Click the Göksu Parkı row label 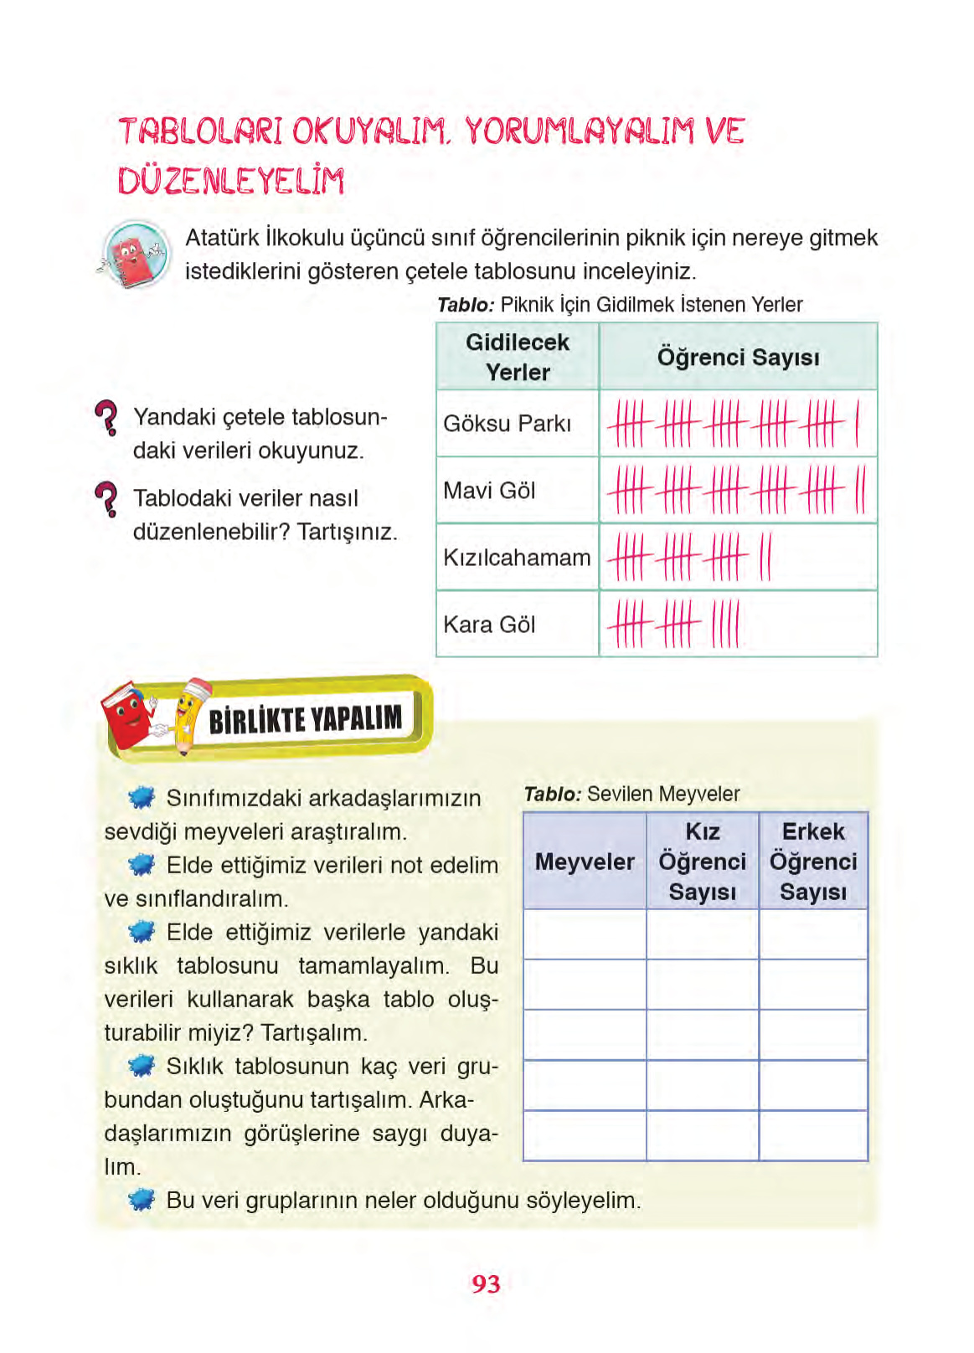[x=507, y=424]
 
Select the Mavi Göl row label [x=489, y=491]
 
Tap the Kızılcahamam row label [x=517, y=558]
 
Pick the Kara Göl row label [x=489, y=625]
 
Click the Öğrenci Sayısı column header [x=738, y=358]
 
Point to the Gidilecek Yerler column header [x=518, y=358]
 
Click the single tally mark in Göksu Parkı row [x=857, y=424]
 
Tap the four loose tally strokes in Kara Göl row [x=725, y=625]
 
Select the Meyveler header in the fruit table [x=585, y=862]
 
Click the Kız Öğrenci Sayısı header [x=702, y=862]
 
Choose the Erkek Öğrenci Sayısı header [x=813, y=862]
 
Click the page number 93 [x=486, y=1284]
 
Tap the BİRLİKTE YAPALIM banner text [x=305, y=719]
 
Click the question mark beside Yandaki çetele [x=107, y=417]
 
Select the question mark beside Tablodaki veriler [x=107, y=498]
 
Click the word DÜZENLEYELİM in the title [x=231, y=181]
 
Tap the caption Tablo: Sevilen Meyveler [x=631, y=794]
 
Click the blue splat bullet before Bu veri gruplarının [x=142, y=1200]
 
